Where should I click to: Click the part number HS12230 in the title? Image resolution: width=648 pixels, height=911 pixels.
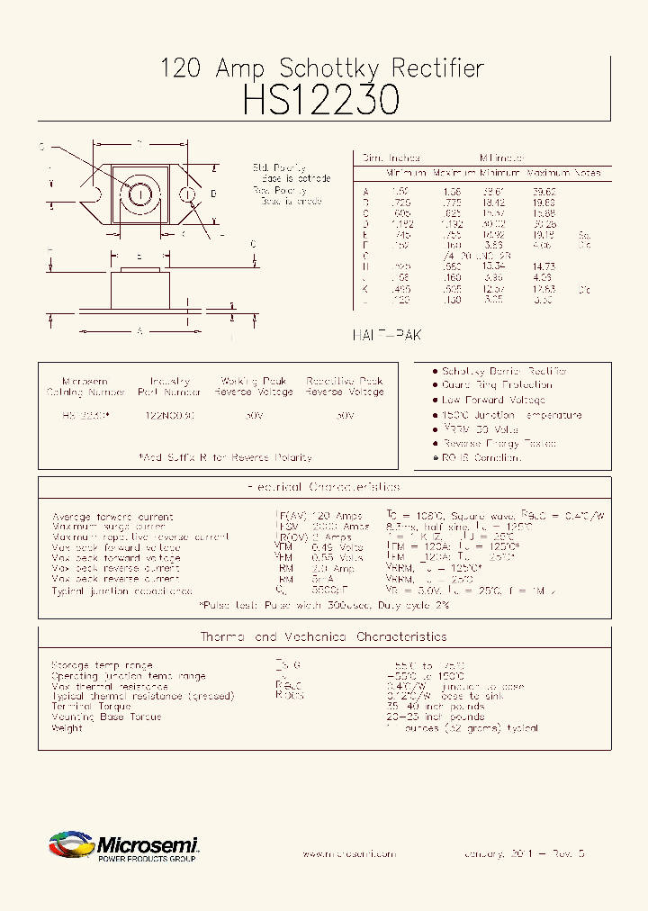[x=321, y=100]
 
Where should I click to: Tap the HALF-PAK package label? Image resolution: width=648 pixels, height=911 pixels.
[x=385, y=334]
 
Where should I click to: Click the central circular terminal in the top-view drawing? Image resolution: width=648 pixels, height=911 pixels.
[x=140, y=194]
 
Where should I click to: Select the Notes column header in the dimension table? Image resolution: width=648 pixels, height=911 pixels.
[x=587, y=172]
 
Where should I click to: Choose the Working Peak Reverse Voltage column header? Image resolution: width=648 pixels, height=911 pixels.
[x=253, y=386]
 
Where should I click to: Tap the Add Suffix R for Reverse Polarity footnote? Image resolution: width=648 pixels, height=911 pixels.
[x=225, y=457]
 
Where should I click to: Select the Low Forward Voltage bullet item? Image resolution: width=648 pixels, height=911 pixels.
[x=493, y=400]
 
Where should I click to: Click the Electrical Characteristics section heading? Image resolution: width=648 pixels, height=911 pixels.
[x=323, y=487]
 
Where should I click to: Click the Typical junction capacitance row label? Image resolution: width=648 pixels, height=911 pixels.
[x=121, y=591]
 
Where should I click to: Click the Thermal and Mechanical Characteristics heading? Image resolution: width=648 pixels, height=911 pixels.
[x=323, y=636]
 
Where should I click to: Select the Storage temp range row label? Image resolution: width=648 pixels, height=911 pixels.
[x=102, y=665]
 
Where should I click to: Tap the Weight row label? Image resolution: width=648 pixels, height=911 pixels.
[x=67, y=727]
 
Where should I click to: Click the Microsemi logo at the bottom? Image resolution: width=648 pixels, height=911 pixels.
[x=123, y=846]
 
